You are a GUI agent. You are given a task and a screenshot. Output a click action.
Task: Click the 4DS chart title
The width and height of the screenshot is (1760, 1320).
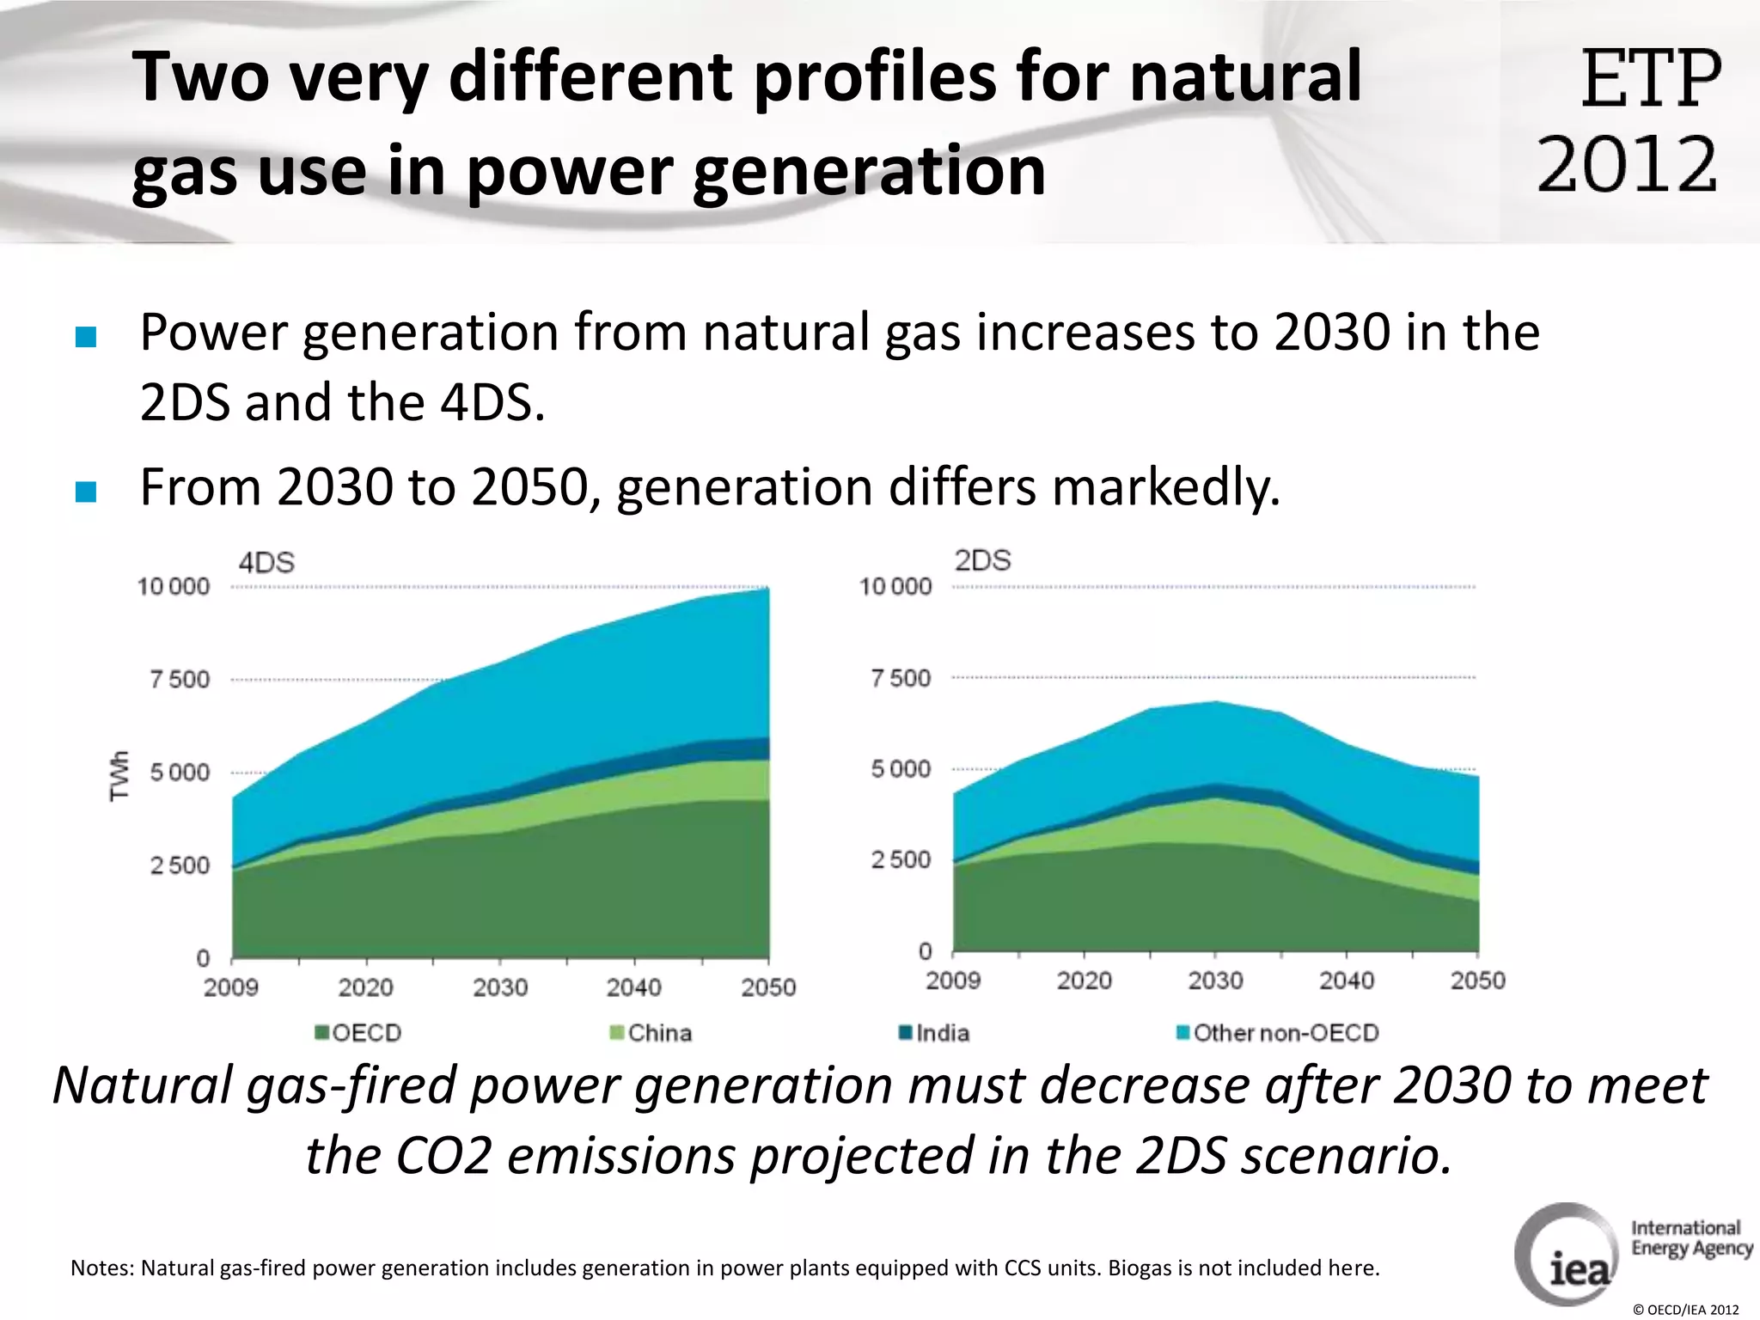pyautogui.click(x=266, y=563)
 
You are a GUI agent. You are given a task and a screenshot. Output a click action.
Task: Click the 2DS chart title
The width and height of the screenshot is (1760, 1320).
pyautogui.click(x=982, y=560)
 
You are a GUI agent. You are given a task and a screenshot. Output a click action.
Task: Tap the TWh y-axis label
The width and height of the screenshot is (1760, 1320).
pyautogui.click(x=119, y=776)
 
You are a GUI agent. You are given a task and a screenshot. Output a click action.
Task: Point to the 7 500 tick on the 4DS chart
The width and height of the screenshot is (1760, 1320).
pyautogui.click(x=180, y=680)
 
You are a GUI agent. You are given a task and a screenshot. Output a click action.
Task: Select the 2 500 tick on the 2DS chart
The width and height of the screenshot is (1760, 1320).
pyautogui.click(x=901, y=859)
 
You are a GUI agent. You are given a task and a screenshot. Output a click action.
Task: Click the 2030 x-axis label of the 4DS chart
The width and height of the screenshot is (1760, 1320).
pyautogui.click(x=500, y=987)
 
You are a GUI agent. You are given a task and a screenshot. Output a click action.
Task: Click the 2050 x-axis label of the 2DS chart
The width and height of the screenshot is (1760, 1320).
pyautogui.click(x=1477, y=981)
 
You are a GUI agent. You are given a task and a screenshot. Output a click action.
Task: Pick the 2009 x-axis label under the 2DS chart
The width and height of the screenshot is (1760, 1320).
pyautogui.click(x=953, y=981)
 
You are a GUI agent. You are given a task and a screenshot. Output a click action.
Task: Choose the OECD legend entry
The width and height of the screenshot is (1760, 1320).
pyautogui.click(x=358, y=1032)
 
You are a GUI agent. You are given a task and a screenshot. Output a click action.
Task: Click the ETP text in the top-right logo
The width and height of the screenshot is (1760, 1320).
pyautogui.click(x=1650, y=79)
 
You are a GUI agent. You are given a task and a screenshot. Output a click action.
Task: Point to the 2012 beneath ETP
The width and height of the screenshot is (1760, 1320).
pyautogui.click(x=1627, y=163)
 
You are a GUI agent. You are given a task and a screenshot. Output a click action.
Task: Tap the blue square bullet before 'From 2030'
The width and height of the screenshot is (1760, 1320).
pyautogui.click(x=86, y=492)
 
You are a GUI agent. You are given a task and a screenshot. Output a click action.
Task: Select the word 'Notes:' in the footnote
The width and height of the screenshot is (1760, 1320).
pyautogui.click(x=102, y=1268)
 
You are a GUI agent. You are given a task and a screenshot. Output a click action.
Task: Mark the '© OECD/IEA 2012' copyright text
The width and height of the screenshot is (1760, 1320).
pyautogui.click(x=1685, y=1310)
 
